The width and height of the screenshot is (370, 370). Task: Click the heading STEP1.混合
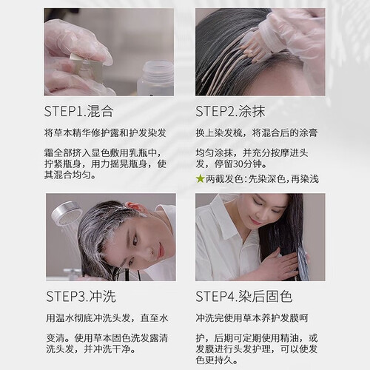(x=78, y=111)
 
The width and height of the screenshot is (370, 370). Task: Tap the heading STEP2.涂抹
(x=230, y=111)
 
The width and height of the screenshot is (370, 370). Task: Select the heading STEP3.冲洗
(x=81, y=296)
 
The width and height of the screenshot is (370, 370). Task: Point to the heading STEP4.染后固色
(x=244, y=296)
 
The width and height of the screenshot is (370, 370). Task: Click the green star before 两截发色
(x=200, y=179)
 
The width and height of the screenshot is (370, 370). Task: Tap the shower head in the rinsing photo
(x=66, y=214)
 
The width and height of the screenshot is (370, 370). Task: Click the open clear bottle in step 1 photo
(x=155, y=78)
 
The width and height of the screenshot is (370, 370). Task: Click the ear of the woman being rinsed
(x=132, y=206)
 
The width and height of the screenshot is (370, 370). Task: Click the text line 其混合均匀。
(x=70, y=175)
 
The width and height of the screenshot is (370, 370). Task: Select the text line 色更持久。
(x=217, y=360)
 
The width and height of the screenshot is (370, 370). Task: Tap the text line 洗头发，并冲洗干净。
(x=91, y=349)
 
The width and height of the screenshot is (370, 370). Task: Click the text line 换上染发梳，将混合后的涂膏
(x=257, y=133)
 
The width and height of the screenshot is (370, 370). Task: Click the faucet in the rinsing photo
(x=72, y=273)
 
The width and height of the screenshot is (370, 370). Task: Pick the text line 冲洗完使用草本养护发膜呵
(x=252, y=318)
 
